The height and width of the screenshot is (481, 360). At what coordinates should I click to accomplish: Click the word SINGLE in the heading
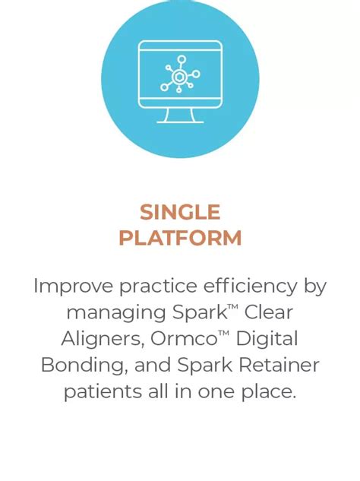tap(180, 212)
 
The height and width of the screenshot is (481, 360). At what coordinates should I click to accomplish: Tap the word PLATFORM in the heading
tap(180, 238)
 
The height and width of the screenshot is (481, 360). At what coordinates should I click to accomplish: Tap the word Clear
tap(269, 312)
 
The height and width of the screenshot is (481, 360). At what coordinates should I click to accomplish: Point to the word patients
tap(96, 392)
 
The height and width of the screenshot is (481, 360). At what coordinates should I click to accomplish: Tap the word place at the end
tap(266, 392)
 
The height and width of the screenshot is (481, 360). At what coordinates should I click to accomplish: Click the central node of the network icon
tap(179, 77)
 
